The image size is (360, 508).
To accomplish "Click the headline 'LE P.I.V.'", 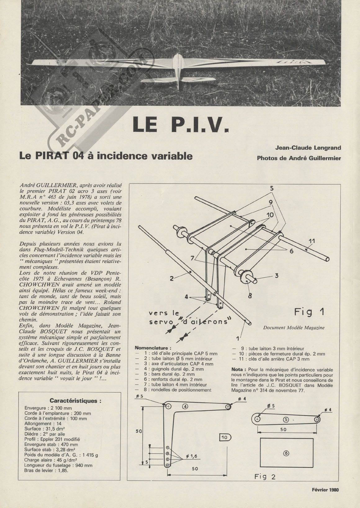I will [x=180, y=125].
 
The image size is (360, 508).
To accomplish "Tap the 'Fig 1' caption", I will [x=309, y=312].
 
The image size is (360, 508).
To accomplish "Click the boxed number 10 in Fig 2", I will [x=224, y=438].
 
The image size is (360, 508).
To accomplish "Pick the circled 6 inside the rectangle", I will [x=286, y=453].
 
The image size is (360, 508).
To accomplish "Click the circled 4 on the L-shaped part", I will [x=185, y=406].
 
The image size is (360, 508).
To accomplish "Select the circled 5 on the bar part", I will [x=286, y=419].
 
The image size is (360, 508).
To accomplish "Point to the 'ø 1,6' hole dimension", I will [x=192, y=456].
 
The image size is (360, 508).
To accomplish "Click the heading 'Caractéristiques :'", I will [x=75, y=401].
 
